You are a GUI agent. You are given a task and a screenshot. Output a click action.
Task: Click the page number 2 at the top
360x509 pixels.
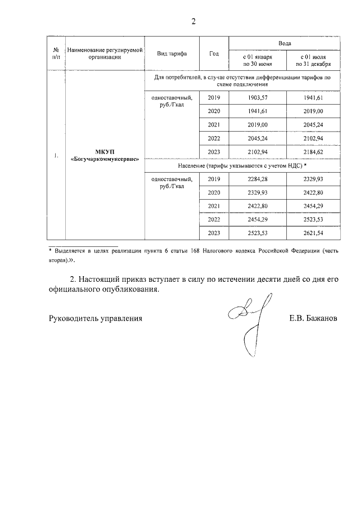(193, 22)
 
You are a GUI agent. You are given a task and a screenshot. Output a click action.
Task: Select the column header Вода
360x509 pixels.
(285, 43)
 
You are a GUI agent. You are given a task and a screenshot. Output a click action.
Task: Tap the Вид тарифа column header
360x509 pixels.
(172, 53)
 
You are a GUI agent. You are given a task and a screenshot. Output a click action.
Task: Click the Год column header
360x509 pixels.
(214, 53)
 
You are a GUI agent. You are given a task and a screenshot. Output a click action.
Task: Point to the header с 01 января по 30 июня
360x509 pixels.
(257, 61)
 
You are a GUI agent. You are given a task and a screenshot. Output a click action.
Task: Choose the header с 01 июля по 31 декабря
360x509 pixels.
(314, 61)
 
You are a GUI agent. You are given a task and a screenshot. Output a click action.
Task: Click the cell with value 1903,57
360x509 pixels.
(257, 98)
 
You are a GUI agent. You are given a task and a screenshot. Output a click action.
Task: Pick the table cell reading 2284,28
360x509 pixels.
(257, 179)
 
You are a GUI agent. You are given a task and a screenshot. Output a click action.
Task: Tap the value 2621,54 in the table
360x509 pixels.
(314, 233)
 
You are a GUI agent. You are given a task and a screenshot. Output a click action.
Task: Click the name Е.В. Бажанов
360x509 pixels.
(313, 318)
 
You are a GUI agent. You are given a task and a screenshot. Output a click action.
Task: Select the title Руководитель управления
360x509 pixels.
(96, 318)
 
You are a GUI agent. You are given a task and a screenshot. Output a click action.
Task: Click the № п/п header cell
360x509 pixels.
(56, 53)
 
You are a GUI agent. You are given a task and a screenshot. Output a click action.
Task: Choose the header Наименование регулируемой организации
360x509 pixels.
(105, 53)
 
